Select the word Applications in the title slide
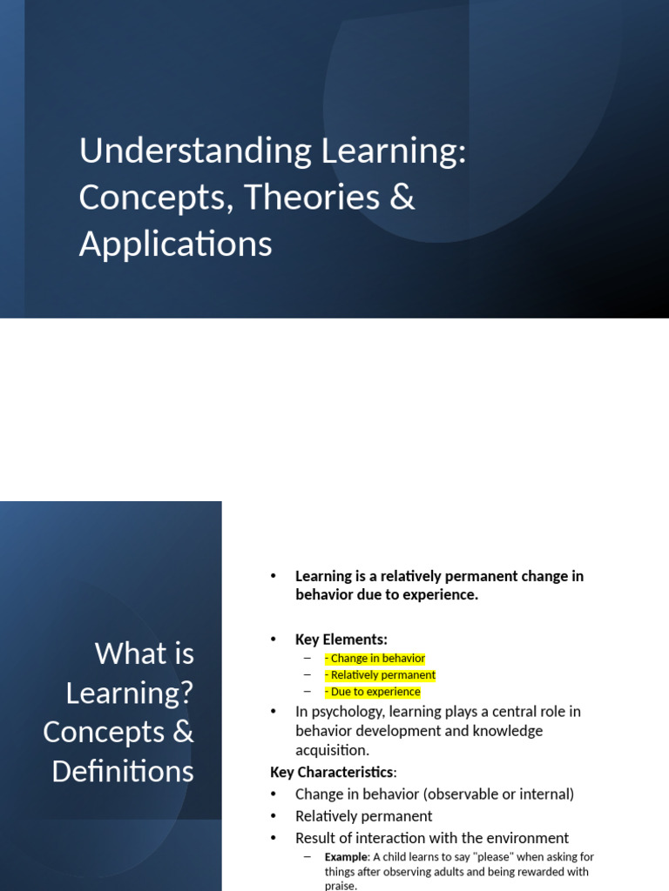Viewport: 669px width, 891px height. click(175, 245)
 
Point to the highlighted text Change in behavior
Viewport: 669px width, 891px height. click(377, 659)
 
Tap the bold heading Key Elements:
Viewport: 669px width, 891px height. click(341, 640)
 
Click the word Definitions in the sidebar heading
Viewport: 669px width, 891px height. click(123, 771)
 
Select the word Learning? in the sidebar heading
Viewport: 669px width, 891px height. click(130, 693)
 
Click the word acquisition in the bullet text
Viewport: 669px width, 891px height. click(331, 750)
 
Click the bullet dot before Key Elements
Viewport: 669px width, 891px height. click(273, 640)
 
